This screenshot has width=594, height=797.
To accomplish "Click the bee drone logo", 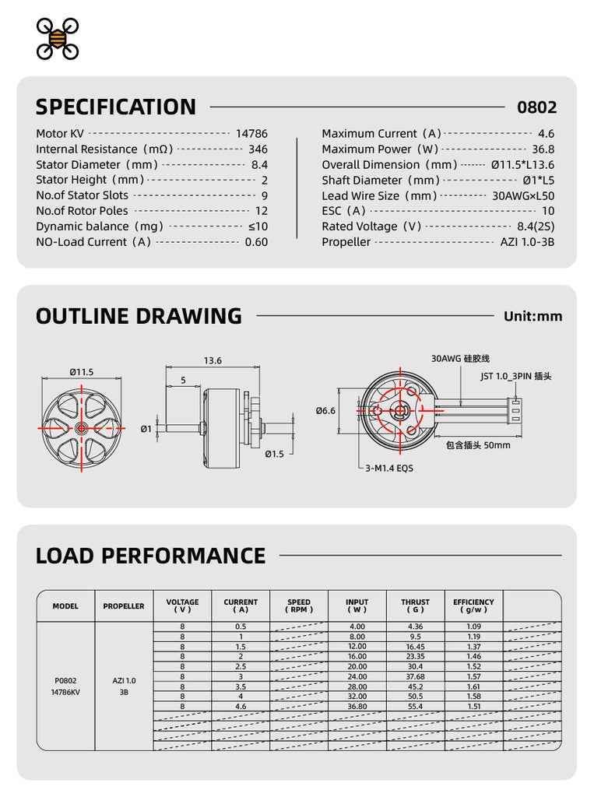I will [58, 38].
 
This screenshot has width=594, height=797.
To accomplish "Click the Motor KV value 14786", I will [251, 134].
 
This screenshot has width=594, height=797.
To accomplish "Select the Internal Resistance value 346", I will [258, 149].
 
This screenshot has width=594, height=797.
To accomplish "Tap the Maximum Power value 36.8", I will [543, 149].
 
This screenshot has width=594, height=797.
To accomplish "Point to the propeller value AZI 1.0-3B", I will [527, 242].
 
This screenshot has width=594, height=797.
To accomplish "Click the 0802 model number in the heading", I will [537, 107].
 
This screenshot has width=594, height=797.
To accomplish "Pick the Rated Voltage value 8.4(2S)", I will [536, 226].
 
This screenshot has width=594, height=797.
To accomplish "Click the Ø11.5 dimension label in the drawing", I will [81, 372].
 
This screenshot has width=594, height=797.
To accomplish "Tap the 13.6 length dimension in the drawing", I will [213, 360].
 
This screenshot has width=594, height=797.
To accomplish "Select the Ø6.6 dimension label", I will [325, 410].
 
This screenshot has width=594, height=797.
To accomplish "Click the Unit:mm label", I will [532, 316].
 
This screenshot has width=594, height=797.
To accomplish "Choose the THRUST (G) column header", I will [415, 606].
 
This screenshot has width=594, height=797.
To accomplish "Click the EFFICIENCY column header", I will [473, 606].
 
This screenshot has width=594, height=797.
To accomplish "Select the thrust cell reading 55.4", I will [415, 707].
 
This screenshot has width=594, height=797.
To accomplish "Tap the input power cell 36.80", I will [357, 707].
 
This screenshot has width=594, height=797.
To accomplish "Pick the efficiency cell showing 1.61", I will [473, 686].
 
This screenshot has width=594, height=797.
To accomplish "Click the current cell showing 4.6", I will [241, 707].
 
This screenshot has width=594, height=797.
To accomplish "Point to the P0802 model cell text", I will [65, 680].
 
